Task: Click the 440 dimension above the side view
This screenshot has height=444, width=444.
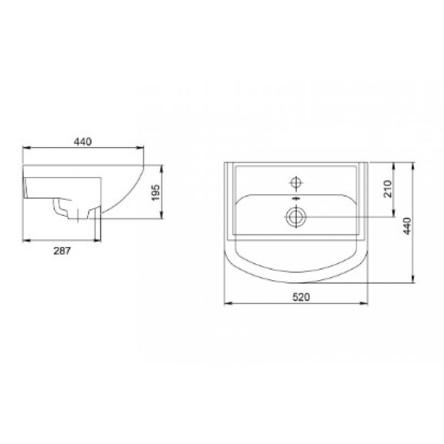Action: coord(83,142)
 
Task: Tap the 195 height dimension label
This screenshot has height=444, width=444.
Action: coord(156,193)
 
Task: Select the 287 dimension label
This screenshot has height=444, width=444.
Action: coord(62,251)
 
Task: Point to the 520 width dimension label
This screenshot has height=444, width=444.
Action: coord(301,297)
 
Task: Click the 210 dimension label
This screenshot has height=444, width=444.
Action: coord(387,189)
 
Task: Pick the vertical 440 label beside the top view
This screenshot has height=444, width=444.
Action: coord(407,226)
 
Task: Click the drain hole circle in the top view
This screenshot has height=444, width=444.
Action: coord(296,217)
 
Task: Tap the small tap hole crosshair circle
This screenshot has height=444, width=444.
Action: coord(296,183)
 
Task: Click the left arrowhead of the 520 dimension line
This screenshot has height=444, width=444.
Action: coord(228,303)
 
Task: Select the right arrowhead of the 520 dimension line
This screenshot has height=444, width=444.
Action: coord(364,303)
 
